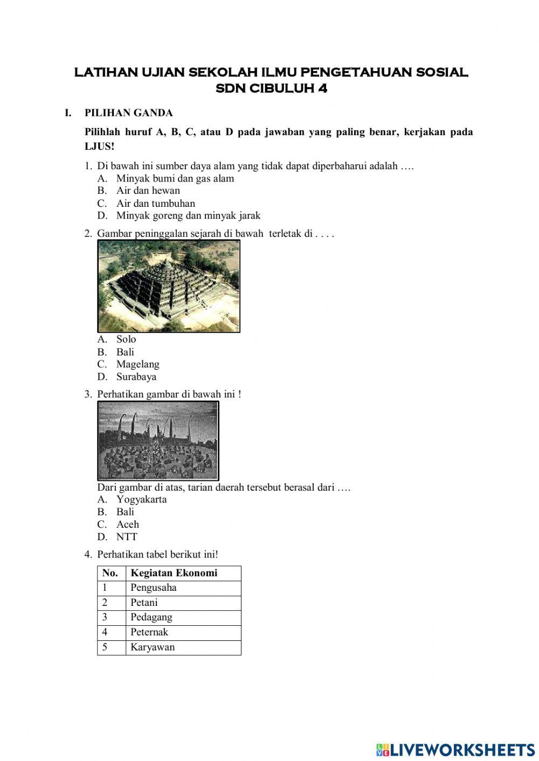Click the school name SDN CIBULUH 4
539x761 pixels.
click(271, 88)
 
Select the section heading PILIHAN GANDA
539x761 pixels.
click(128, 113)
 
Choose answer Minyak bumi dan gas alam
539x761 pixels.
click(175, 178)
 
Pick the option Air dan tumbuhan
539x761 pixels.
click(155, 204)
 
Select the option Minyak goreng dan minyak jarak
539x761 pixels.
click(188, 216)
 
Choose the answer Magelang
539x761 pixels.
click(137, 365)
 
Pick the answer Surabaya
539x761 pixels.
click(136, 377)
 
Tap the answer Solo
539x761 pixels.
click(126, 339)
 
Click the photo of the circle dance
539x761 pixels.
click(158, 441)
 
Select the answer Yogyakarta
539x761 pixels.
click(141, 499)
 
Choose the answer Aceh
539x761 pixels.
click(127, 525)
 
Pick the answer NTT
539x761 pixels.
click(126, 537)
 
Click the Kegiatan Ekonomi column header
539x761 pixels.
click(174, 573)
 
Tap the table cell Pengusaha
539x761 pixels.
click(153, 588)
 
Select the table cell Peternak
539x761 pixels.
click(149, 632)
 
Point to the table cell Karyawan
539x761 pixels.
click(152, 647)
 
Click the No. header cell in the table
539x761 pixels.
click(110, 573)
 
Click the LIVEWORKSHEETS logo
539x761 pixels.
click(455, 749)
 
